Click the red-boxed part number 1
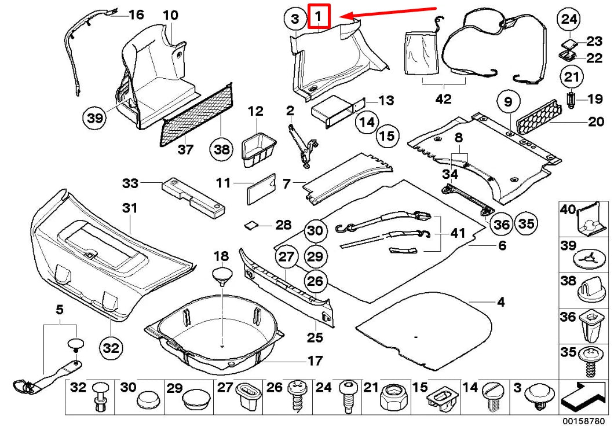tap(319, 16)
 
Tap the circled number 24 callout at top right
tap(568, 19)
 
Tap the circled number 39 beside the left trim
tap(95, 119)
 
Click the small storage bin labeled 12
tap(257, 149)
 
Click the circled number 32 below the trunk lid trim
tap(111, 348)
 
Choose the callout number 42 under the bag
tap(443, 99)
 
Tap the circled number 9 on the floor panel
tap(508, 103)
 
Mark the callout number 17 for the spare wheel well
tap(315, 361)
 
